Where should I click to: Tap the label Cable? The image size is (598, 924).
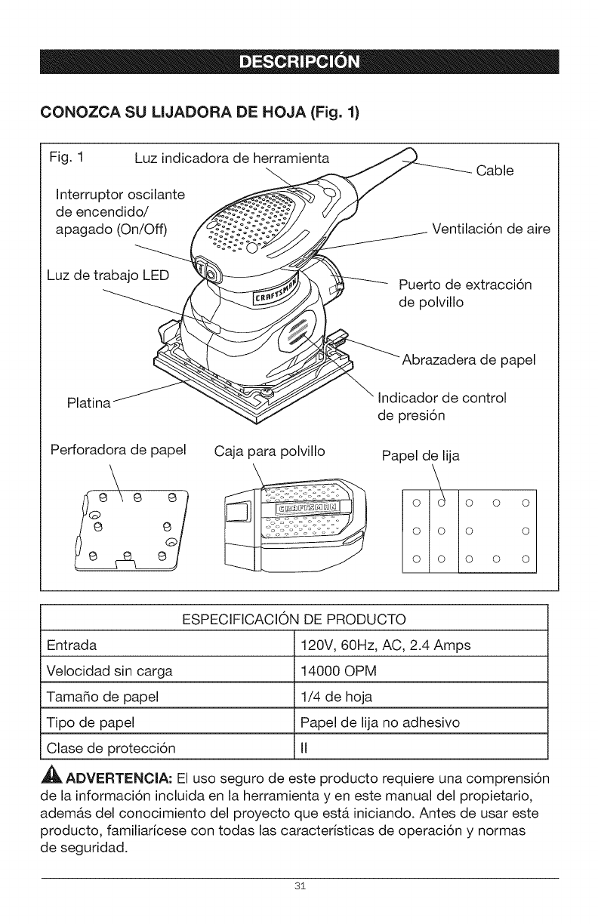[516, 171]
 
